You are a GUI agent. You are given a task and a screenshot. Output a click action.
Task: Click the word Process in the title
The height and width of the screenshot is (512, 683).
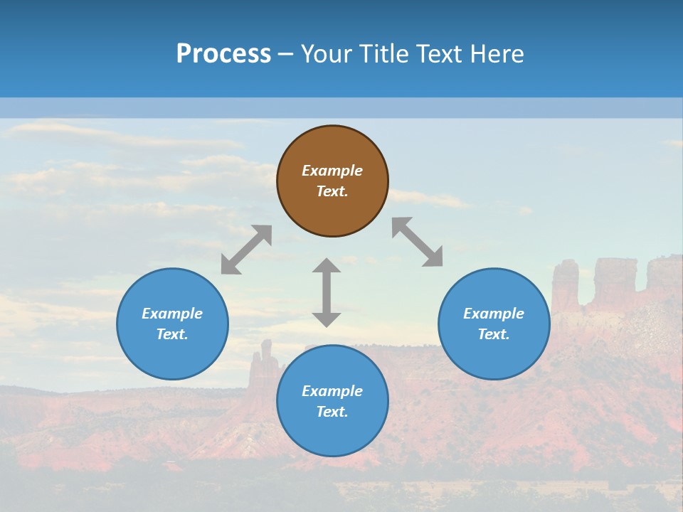point(223,54)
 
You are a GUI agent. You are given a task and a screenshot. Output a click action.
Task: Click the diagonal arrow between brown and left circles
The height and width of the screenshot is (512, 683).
point(246,250)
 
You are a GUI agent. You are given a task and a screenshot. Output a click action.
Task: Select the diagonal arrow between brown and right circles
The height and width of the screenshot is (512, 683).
point(418,242)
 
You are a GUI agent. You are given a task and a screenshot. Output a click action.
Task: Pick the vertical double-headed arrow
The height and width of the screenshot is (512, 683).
point(327,292)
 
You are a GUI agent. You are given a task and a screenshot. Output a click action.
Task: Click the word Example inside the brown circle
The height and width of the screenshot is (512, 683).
point(332,171)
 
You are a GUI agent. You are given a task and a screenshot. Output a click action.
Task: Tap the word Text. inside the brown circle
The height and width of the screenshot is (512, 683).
point(332,191)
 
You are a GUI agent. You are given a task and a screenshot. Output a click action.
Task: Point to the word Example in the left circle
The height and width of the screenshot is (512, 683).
point(172,314)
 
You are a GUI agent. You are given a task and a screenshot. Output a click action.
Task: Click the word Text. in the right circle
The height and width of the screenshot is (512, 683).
point(494,334)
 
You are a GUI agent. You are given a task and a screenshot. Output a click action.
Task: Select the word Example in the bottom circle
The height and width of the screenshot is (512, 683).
point(332,391)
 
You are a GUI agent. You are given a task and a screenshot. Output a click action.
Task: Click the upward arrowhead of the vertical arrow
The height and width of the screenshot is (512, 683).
point(327,265)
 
